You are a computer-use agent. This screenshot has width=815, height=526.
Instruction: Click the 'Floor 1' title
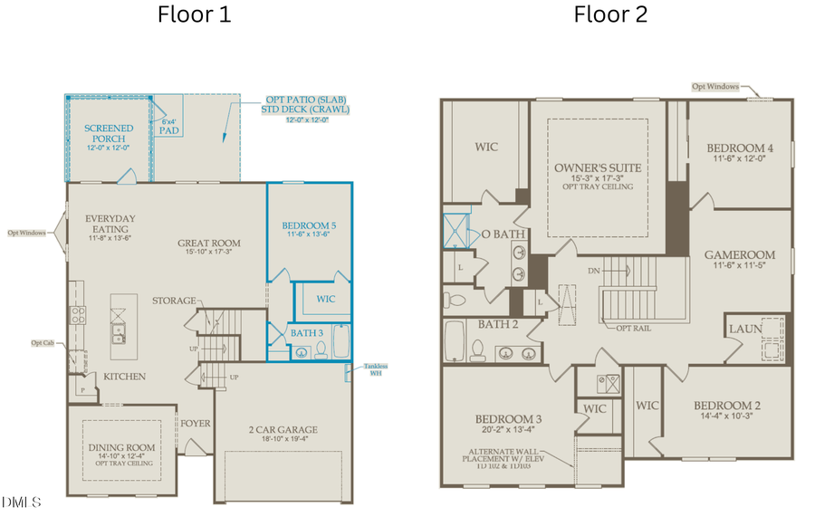[x=194, y=14]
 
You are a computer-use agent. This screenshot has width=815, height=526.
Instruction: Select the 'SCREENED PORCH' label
[x=109, y=134]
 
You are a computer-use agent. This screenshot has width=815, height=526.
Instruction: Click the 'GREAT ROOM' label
[x=208, y=243]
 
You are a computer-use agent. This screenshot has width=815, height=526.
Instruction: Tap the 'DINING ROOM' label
[x=121, y=447]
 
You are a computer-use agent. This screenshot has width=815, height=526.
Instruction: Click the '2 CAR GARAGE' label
[x=283, y=429]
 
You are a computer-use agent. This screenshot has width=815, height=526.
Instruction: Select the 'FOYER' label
[x=195, y=423]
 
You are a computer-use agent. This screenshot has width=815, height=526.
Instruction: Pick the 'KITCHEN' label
[x=124, y=375]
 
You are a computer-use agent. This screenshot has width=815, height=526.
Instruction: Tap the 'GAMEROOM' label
[x=740, y=255]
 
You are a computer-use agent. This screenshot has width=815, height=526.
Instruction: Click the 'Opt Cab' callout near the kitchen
[x=42, y=343]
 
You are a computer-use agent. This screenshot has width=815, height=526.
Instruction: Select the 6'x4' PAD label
[x=168, y=126]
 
